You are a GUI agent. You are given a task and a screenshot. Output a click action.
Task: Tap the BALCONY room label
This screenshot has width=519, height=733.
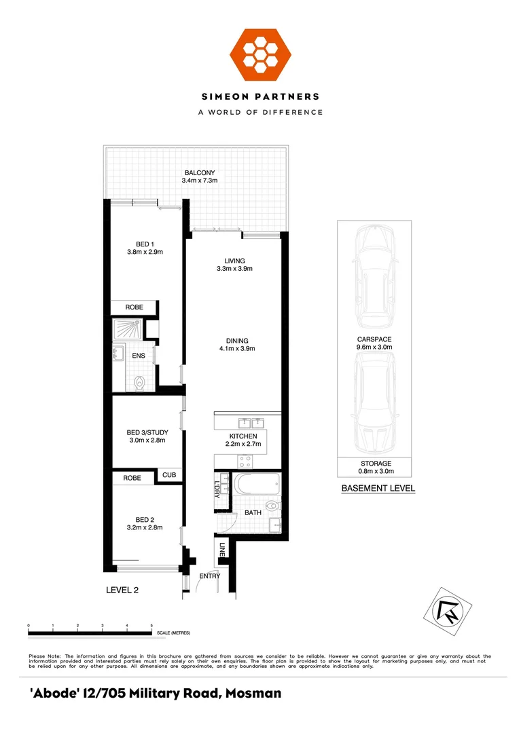(199, 173)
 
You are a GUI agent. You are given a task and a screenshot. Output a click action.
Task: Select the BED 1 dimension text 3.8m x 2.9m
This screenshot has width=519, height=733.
(145, 252)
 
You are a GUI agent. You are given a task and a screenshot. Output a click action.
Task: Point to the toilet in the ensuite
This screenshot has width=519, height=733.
(140, 383)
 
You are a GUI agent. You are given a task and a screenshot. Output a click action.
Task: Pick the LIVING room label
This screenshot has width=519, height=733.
(234, 261)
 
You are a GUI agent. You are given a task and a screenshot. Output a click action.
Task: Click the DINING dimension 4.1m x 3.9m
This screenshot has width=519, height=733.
(232, 349)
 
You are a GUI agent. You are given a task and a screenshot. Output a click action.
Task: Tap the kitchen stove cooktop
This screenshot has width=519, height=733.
(245, 461)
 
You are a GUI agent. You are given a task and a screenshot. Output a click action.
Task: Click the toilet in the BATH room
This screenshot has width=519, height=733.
(274, 506)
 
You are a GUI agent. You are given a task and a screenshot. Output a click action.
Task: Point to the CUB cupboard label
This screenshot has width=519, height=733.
(168, 476)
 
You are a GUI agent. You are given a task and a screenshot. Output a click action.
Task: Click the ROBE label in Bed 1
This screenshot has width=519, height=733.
(134, 307)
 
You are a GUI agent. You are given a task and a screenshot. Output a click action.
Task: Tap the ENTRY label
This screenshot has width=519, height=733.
(209, 576)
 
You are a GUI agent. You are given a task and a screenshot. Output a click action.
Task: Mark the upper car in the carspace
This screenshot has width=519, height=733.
(374, 275)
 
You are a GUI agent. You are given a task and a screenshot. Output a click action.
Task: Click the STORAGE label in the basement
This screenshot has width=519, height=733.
(375, 464)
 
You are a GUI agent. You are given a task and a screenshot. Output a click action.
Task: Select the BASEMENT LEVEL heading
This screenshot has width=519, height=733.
(378, 488)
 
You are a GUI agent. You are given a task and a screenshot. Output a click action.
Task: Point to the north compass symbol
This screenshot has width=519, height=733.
(448, 612)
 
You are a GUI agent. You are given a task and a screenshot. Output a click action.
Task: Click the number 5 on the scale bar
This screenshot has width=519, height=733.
(151, 625)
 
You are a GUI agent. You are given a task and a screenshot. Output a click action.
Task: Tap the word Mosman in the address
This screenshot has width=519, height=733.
(251, 694)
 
